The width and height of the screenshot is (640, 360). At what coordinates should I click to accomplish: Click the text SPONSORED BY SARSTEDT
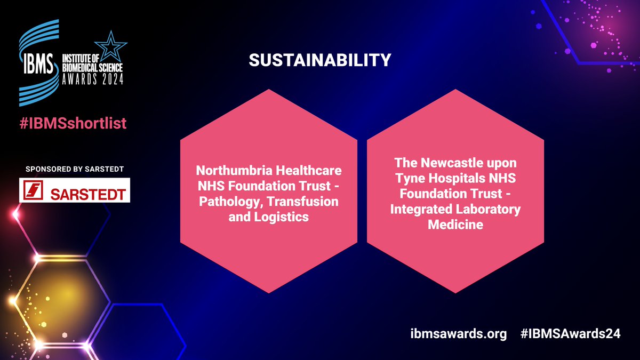pos(74,169)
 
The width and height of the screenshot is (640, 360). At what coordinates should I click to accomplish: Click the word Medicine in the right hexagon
pos(455,225)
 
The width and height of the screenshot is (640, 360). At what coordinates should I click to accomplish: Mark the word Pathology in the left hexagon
pos(223,202)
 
